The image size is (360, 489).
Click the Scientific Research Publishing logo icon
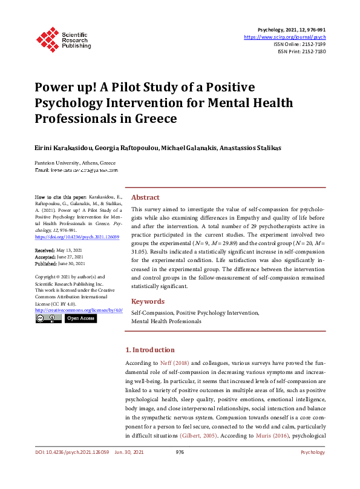pyautogui.click(x=47, y=38)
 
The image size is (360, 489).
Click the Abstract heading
pyautogui.click(x=145, y=197)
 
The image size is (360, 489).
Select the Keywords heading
pyautogui.click(x=148, y=301)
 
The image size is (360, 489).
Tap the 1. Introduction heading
pyautogui.click(x=149, y=350)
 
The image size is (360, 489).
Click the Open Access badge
pyautogui.click(x=80, y=318)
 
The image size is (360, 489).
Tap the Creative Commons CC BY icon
pyautogui.click(x=48, y=318)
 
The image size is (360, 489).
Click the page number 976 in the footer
pyautogui.click(x=180, y=469)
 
